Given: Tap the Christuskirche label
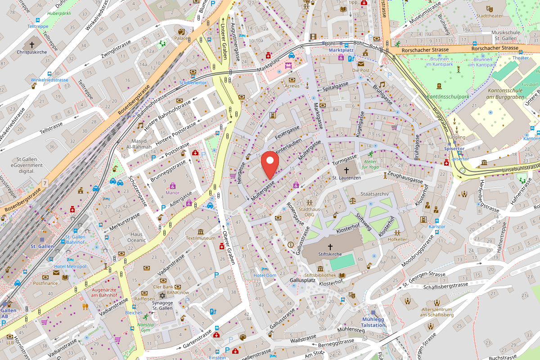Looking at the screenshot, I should (x=31, y=52).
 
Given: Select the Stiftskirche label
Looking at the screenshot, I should (x=330, y=254).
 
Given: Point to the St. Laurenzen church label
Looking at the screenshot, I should (x=346, y=178).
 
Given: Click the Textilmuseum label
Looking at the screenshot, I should (x=201, y=238).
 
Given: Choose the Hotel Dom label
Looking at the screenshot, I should (x=265, y=275).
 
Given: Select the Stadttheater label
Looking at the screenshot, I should (x=489, y=16).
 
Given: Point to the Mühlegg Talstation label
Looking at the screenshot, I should (x=373, y=322).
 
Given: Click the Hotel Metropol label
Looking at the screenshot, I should (x=70, y=266).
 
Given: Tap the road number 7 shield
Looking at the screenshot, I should (x=45, y=183).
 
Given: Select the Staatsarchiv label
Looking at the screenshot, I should (x=368, y=194).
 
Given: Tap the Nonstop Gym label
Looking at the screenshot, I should (x=145, y=327).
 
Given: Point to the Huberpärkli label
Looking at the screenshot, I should (x=59, y=13).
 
